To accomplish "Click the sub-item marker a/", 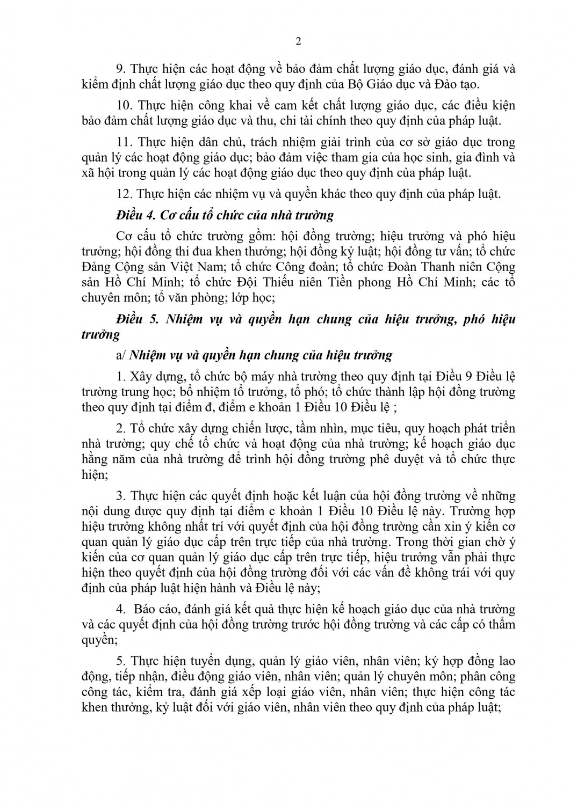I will point(121,355).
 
